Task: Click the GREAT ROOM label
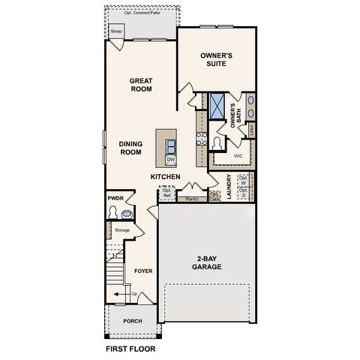tap(140, 85)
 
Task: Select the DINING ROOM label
tap(130, 148)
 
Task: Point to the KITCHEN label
tap(165, 177)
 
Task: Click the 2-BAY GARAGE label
tap(205, 262)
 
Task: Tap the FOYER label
tap(142, 271)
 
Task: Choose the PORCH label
tap(133, 321)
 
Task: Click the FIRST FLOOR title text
tap(130, 349)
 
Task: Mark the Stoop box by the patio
tap(115, 31)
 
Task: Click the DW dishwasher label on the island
tap(170, 160)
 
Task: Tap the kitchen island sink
tap(171, 145)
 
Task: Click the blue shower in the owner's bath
tap(219, 106)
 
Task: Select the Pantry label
tap(192, 199)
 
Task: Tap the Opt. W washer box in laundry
tap(243, 180)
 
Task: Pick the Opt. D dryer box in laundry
tap(243, 192)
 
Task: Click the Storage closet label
tap(122, 229)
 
